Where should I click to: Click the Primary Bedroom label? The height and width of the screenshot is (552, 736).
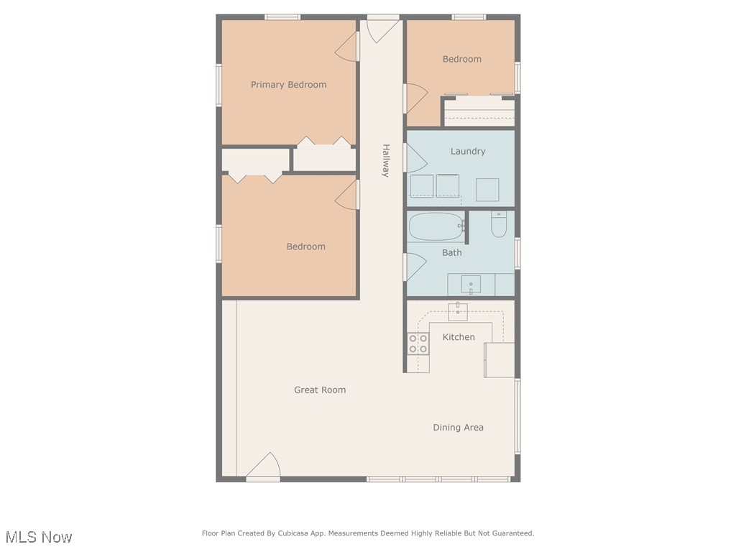tap(288, 85)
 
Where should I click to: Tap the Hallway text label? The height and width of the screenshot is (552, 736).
tap(385, 160)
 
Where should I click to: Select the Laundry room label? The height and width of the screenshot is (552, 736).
tap(468, 152)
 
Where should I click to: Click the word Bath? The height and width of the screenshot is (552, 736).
tap(452, 253)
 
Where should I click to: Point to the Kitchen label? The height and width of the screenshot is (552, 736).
tap(459, 337)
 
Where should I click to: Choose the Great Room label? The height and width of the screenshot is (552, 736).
tap(320, 390)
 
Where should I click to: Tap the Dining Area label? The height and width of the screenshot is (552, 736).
tap(458, 428)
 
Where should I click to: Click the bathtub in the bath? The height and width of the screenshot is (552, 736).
tap(435, 227)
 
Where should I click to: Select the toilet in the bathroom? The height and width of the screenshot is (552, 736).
tap(499, 226)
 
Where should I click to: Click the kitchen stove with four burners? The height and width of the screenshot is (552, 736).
tap(418, 344)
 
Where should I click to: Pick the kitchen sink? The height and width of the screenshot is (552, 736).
tap(458, 311)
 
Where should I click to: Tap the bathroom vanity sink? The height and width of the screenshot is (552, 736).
tap(471, 285)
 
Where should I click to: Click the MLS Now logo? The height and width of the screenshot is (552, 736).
tap(39, 537)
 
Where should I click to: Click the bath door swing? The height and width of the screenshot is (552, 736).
tap(415, 267)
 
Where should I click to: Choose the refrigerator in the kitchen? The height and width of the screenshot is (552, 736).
tap(500, 360)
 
